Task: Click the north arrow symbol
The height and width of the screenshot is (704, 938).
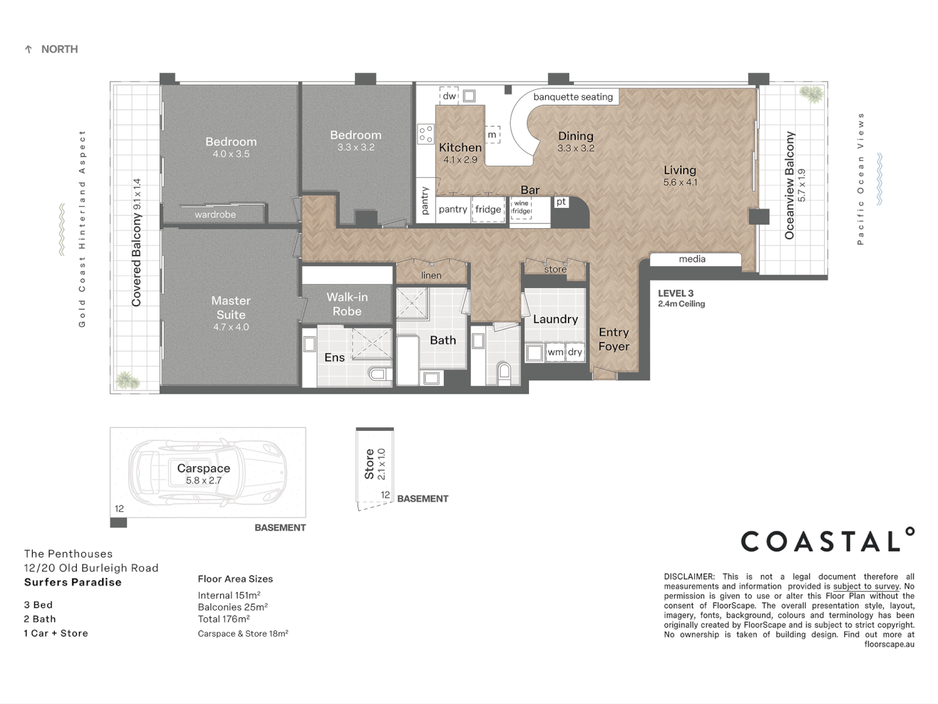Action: point(28,50)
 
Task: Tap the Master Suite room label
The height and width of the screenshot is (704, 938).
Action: point(231,307)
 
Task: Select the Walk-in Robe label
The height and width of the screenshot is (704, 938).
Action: point(347,304)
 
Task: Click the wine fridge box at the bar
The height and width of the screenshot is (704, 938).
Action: point(521,208)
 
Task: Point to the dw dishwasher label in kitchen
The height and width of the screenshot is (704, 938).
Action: point(449,96)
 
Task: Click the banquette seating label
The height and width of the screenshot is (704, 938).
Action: point(573,97)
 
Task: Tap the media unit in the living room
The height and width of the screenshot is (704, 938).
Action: point(692,259)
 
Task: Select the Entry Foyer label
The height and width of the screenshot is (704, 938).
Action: point(614,339)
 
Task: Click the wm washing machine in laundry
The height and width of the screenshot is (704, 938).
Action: point(555,352)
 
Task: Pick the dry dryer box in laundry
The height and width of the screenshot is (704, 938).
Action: point(575,352)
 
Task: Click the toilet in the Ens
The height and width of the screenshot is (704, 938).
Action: point(378,374)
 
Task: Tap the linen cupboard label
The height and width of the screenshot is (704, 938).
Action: point(431,275)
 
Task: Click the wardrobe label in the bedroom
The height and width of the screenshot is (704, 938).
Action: point(215,214)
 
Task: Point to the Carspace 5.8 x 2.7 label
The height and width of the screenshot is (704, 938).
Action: point(203,474)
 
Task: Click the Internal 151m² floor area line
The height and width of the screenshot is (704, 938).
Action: point(229,595)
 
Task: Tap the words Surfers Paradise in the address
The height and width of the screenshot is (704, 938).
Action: point(73,582)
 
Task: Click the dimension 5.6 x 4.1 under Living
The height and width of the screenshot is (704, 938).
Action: point(680,183)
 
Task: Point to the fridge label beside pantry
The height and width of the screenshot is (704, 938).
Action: point(488,209)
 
